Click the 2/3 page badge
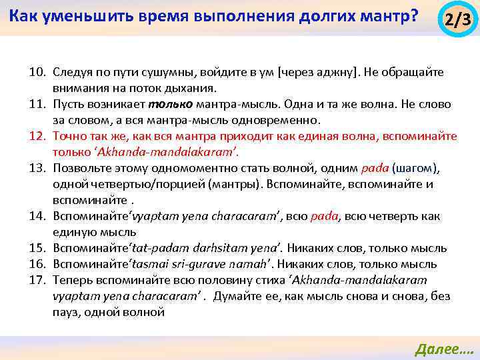coord(457,20)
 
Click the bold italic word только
coord(171,105)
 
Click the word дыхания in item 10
coord(193,88)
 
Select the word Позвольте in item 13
coord(81,168)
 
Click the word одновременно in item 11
coord(281,120)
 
